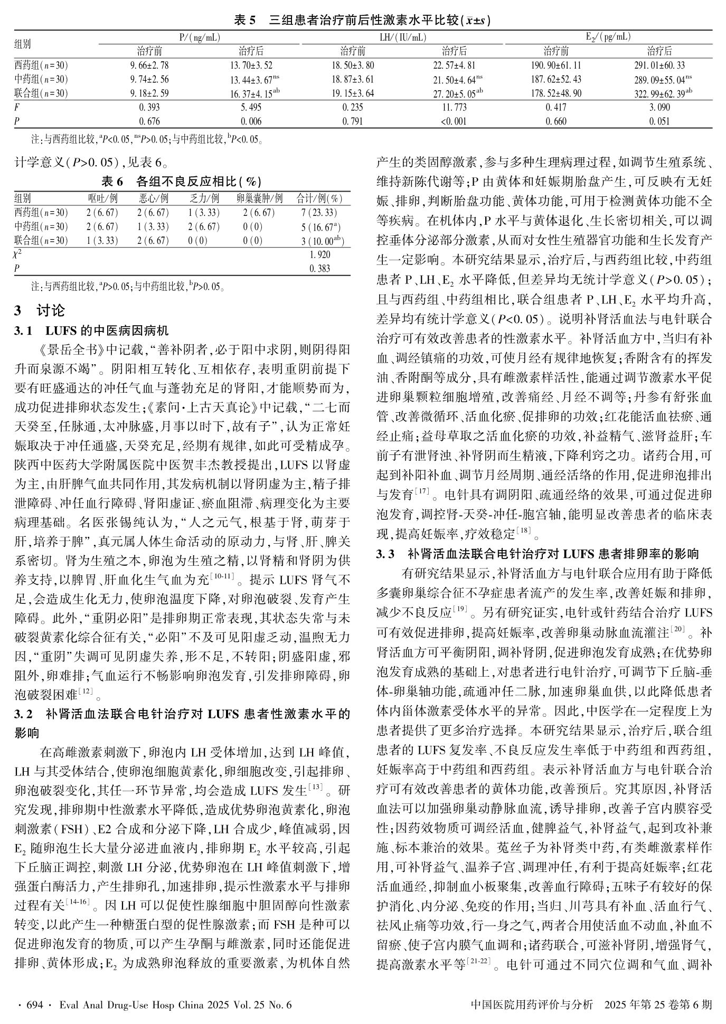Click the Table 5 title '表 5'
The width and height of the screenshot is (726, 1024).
244,21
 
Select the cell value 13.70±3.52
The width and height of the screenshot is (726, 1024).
251,66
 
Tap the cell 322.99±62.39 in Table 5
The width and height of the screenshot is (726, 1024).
659,94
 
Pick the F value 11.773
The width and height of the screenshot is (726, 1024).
454,108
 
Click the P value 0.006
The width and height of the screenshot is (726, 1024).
251,121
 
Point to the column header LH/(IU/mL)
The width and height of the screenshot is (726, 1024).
403,37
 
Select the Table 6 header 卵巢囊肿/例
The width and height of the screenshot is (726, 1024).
260,198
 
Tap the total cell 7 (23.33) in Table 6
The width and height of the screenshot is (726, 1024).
319,213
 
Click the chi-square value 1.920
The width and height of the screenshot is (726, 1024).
319,254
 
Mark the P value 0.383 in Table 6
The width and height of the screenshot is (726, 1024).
319,268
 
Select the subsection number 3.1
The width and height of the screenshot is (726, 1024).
23,331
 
